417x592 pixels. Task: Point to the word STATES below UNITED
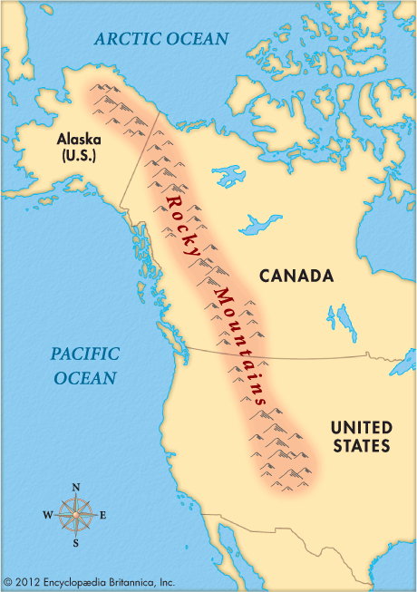tap(360, 446)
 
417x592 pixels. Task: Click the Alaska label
tap(78, 139)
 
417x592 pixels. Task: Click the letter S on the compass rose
tap(76, 543)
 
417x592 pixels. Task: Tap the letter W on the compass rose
tap(47, 515)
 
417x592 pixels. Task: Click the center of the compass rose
tap(75, 515)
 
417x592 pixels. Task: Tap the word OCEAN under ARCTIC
tap(198, 39)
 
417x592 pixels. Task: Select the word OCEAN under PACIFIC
tap(84, 377)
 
